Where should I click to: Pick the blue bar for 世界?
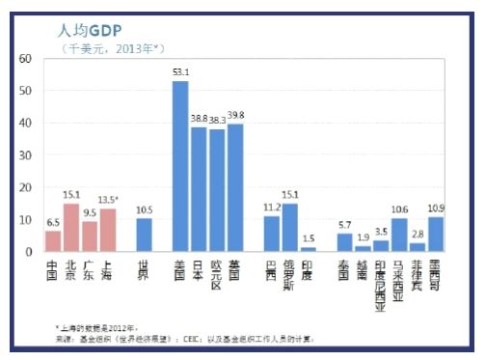coord(144,235)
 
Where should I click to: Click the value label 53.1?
coord(179,71)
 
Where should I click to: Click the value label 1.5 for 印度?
coord(309,237)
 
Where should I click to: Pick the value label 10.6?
coord(399,208)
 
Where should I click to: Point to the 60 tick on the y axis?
coord(26,59)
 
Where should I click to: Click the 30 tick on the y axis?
coord(26,154)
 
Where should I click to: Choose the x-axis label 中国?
coord(52,269)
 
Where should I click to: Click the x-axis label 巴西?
coord(272,269)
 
